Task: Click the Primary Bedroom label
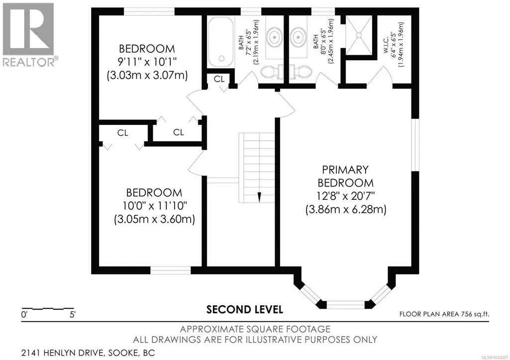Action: click(345, 176)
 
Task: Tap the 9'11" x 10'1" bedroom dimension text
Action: click(147, 62)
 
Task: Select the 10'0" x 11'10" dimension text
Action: click(155, 206)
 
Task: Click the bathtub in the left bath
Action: click(220, 42)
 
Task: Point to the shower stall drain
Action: click(359, 34)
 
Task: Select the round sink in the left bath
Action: click(275, 37)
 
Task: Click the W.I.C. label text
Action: click(386, 45)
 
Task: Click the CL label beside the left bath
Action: click(219, 79)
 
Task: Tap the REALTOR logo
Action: click(28, 34)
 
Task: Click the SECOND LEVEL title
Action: click(245, 310)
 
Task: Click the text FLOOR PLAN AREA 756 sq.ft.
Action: click(444, 314)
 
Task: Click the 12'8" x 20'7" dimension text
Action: click(346, 196)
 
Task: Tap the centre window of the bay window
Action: click(346, 304)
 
